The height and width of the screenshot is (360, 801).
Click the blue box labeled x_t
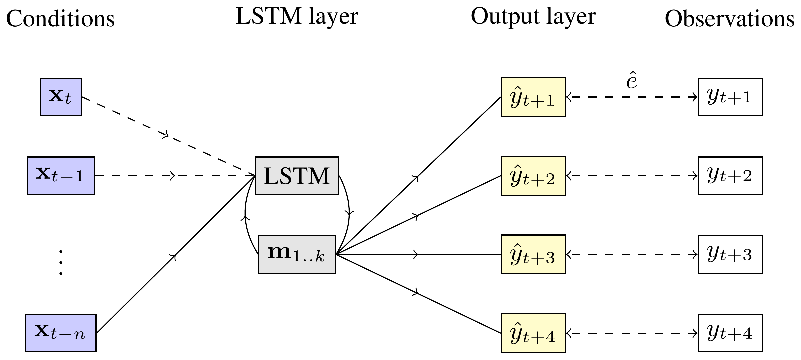click(x=61, y=97)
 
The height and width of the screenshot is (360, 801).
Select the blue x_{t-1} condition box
click(x=61, y=176)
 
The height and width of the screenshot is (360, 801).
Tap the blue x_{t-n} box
click(x=61, y=333)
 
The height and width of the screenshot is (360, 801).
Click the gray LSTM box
click(x=297, y=176)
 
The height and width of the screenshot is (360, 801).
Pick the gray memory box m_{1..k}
click(x=297, y=255)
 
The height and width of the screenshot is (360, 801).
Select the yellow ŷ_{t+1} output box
click(x=533, y=97)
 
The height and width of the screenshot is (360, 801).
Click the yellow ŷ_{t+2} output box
click(x=533, y=176)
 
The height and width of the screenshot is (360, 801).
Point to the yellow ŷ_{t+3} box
click(x=533, y=255)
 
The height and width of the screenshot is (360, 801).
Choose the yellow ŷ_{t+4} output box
click(x=533, y=333)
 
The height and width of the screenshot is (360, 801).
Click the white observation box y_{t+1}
click(x=730, y=97)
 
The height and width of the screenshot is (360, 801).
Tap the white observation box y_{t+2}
click(x=730, y=176)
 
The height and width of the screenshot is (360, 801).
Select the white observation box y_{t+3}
click(x=730, y=255)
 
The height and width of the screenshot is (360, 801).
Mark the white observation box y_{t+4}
click(x=730, y=333)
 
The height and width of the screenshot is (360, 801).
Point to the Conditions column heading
click(x=60, y=19)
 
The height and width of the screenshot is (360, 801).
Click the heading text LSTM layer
click(x=297, y=17)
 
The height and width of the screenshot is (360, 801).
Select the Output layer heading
click(x=533, y=17)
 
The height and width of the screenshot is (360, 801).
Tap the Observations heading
click(x=730, y=19)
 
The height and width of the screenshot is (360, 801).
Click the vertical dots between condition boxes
click(x=61, y=262)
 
